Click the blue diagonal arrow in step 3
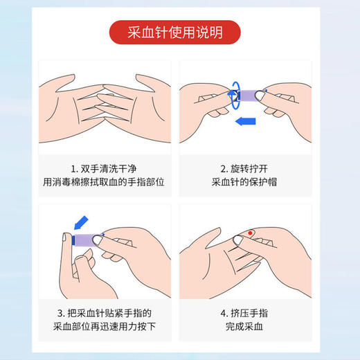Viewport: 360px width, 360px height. click(80, 222)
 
